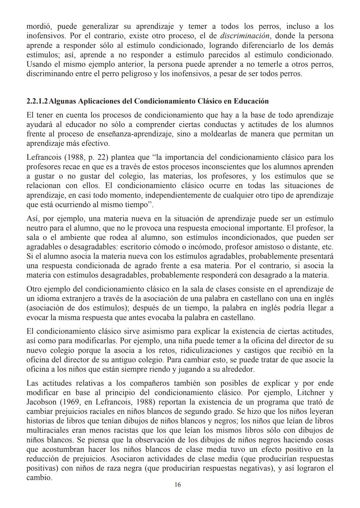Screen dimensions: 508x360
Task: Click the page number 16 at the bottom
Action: click(x=178, y=485)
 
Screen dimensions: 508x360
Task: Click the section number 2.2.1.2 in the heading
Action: click(x=37, y=101)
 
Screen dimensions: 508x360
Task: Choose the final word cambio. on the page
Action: click(x=39, y=477)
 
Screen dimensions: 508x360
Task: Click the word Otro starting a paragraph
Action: click(x=35, y=289)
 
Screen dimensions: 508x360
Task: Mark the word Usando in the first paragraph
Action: click(x=38, y=64)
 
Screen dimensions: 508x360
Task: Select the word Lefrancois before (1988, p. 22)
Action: click(x=42, y=157)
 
